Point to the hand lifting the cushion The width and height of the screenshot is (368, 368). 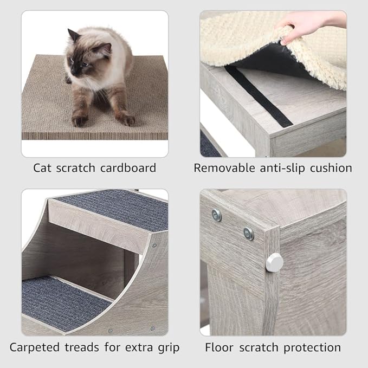click(304, 27)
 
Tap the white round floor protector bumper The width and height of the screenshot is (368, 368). click(274, 262)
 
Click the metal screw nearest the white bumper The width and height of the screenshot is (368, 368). click(248, 234)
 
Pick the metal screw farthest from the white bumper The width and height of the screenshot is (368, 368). click(217, 215)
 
